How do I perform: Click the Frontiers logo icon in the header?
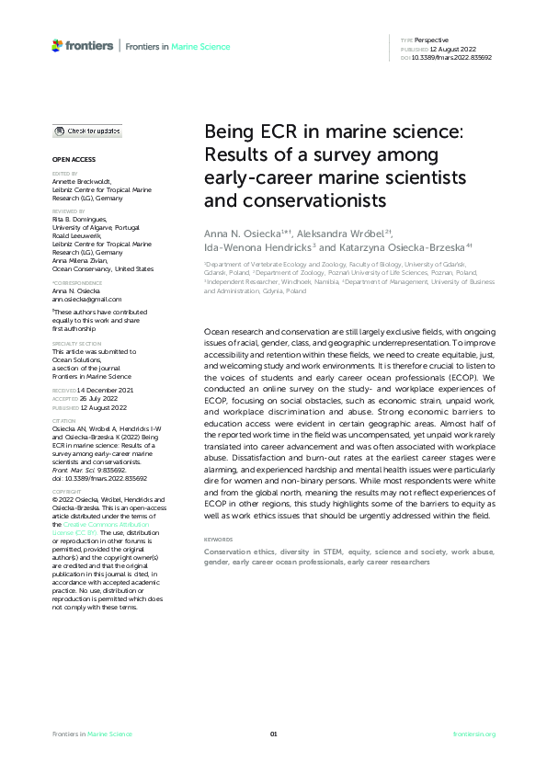click(58, 44)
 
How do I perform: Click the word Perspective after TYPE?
click(431, 40)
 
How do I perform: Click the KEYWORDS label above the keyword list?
click(218, 539)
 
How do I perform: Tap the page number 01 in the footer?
click(273, 734)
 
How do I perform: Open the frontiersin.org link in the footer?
click(474, 734)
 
